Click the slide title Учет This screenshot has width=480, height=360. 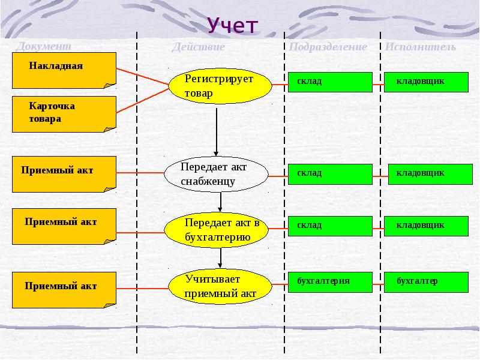[x=233, y=26]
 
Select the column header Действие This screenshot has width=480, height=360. [x=198, y=47]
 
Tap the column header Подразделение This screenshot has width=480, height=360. [x=328, y=47]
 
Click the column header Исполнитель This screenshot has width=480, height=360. [x=420, y=47]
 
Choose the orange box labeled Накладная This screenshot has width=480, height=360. [x=64, y=70]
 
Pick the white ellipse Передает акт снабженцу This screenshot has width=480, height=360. [x=216, y=173]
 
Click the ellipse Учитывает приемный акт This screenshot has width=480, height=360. [x=220, y=286]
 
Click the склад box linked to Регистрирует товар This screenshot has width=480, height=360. [x=330, y=82]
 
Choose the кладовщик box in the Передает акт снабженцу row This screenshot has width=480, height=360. [x=428, y=174]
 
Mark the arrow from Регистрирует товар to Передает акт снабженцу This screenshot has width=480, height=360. [x=216, y=129]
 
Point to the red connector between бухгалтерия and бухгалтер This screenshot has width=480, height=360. [x=380, y=282]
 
